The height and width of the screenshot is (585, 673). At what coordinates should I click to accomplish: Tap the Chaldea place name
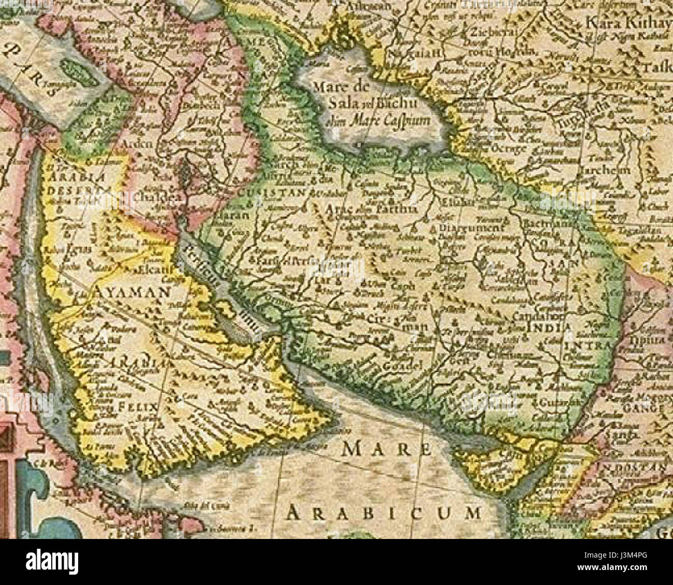pos(151,198)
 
